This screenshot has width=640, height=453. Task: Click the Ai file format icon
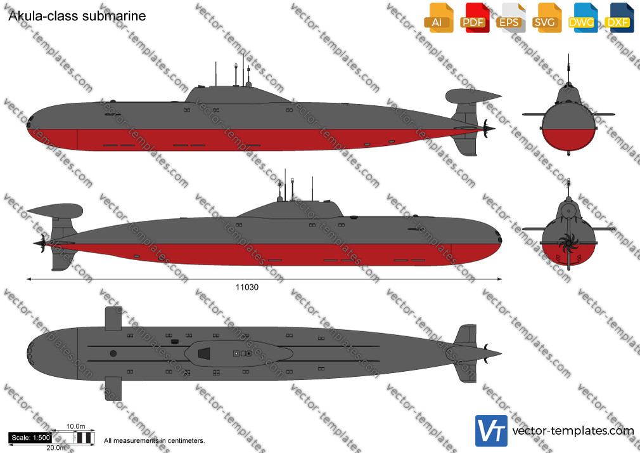[438, 18]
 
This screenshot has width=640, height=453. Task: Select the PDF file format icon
[474, 18]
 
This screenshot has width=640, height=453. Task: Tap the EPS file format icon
[510, 18]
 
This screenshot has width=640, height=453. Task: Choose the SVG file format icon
[546, 18]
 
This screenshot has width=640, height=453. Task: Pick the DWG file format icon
[582, 18]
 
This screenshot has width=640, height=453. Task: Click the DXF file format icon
[619, 18]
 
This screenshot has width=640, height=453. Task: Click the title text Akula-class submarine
[77, 16]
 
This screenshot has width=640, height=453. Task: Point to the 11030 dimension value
[247, 287]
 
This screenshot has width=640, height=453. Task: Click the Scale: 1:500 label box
[30, 438]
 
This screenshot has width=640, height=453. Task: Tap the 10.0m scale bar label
[76, 426]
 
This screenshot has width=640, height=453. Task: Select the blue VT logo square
[492, 431]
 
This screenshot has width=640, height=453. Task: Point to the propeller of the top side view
[487, 128]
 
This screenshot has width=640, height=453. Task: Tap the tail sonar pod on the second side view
[55, 211]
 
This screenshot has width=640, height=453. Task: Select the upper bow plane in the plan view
[113, 318]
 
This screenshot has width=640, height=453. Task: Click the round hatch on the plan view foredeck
[113, 353]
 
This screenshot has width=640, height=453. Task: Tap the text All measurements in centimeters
[154, 441]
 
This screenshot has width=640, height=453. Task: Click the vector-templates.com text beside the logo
[573, 431]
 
